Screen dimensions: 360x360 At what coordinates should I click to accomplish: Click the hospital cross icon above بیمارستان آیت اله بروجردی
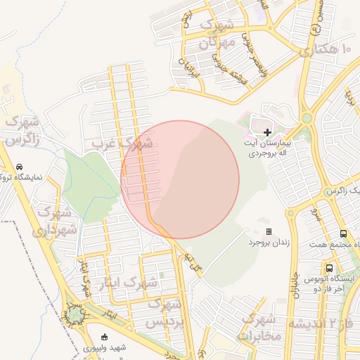point(267,132)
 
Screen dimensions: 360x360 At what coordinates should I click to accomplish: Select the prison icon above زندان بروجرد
point(269,231)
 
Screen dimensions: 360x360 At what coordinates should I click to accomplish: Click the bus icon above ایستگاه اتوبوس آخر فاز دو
point(329,268)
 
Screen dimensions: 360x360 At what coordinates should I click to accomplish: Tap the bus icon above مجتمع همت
point(343,233)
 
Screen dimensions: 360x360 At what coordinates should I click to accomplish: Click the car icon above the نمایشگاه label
point(19,167)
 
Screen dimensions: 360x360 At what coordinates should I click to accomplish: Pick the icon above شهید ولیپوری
point(105,336)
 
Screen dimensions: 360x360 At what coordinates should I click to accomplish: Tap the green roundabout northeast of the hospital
point(307,118)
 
